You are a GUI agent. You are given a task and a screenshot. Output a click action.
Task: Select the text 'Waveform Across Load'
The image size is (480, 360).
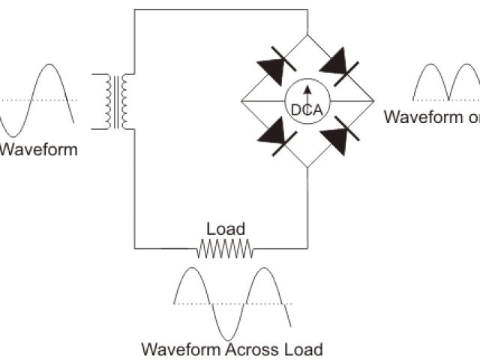tap(232, 349)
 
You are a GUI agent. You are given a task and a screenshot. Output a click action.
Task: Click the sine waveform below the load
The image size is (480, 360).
tap(232, 304)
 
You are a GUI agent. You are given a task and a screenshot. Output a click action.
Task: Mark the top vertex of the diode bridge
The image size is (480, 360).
tap(307, 34)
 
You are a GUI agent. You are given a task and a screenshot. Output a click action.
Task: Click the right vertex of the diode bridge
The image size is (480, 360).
tap(375, 100)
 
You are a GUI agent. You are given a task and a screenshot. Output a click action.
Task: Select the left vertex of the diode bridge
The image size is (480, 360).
tap(240, 100)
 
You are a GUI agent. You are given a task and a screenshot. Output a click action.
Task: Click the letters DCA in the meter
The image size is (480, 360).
tap(307, 109)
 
